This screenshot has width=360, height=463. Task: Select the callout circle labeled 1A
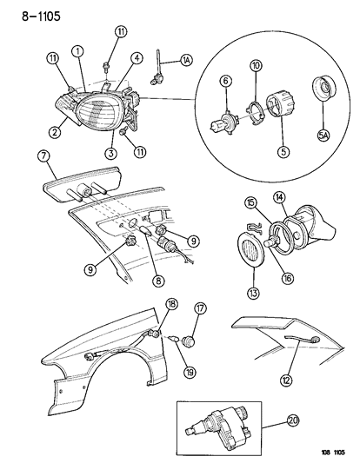[x=187, y=60]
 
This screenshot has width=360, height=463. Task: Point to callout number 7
[x=42, y=156]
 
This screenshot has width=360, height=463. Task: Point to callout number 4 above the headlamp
[x=137, y=60]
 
